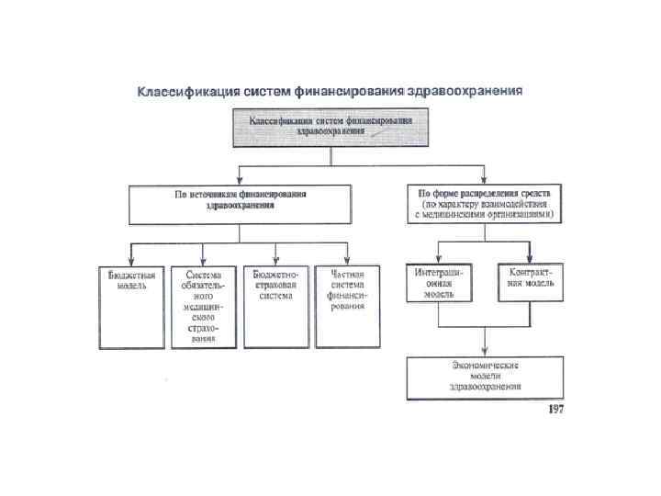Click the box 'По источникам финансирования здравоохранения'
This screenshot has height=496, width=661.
click(x=241, y=204)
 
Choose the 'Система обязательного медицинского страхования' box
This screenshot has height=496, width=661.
click(x=203, y=307)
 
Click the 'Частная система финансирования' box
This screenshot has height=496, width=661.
click(x=349, y=307)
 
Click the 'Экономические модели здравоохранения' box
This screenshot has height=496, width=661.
click(x=485, y=377)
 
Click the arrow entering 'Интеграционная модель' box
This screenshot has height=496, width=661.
click(x=439, y=257)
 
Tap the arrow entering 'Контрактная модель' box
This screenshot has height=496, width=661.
click(x=531, y=257)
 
